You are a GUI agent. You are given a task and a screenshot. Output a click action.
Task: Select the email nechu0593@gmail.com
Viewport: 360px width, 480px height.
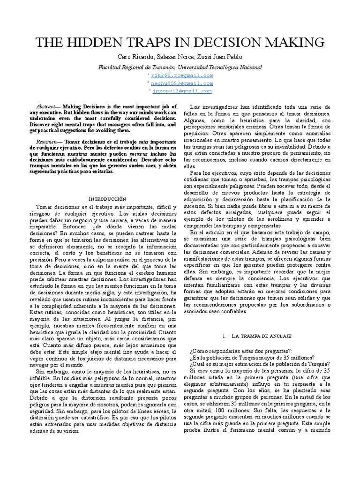(x=181, y=83)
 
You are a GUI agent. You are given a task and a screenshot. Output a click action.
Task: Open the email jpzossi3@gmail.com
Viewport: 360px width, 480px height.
(x=181, y=91)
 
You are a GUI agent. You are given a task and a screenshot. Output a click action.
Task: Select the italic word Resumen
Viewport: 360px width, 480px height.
(x=48, y=141)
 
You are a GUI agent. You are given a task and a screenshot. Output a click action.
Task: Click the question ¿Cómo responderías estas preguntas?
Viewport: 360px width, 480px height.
(x=241, y=351)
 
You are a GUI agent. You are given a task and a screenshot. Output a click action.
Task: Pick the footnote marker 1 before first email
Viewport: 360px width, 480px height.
(x=148, y=74)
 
